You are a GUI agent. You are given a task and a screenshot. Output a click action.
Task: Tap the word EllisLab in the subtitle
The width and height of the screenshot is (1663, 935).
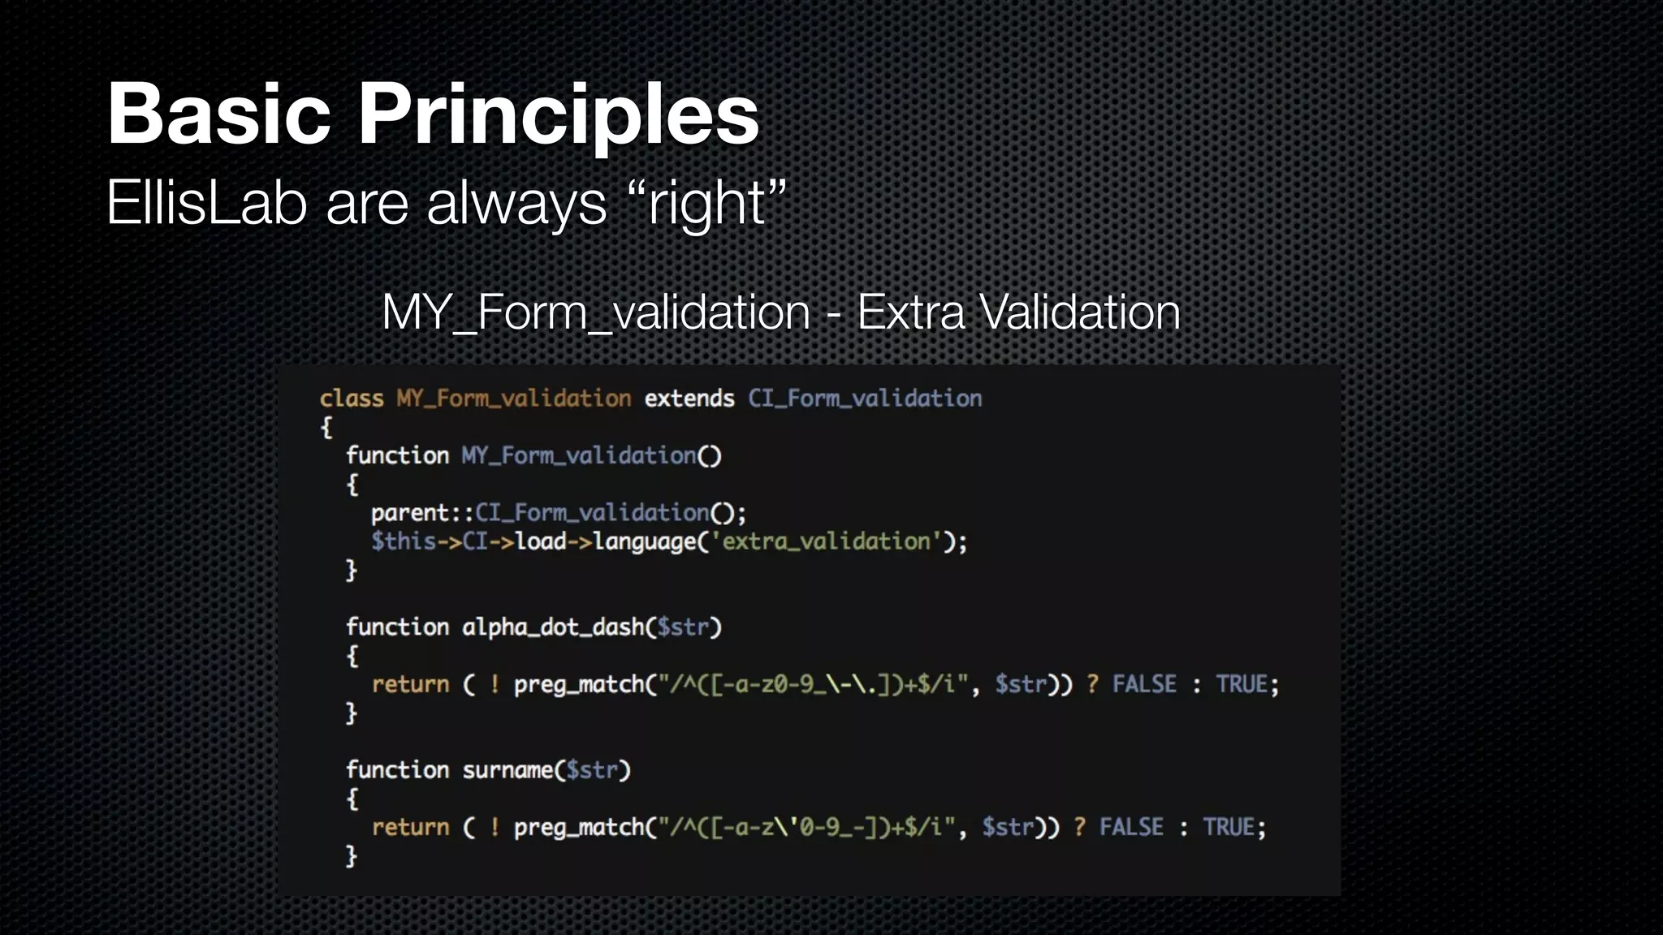coord(206,203)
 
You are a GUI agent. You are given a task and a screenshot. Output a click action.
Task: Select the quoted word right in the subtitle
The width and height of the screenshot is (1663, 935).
coord(706,203)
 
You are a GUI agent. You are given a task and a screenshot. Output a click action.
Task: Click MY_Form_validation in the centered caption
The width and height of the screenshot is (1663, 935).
coord(595,312)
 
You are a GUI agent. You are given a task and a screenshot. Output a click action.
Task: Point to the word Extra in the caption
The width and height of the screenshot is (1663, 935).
coord(910,312)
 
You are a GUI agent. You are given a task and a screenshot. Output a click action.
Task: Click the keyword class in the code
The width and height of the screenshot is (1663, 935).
coord(351,399)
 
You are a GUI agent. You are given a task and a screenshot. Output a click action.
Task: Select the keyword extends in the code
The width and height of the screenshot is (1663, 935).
coord(689,399)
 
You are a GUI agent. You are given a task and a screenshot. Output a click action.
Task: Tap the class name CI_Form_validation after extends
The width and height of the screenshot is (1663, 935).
coord(864,399)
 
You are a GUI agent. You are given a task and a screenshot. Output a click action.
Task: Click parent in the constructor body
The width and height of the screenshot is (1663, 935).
coord(410,513)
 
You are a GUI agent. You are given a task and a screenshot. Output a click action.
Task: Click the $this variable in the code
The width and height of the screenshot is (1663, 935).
coord(404,541)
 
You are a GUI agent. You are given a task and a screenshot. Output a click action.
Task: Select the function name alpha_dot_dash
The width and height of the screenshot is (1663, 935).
coord(552,627)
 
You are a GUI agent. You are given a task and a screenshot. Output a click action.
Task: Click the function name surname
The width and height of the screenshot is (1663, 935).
coord(508,770)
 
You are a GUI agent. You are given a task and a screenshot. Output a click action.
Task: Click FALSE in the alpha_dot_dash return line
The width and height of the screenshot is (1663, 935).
coord(1143,684)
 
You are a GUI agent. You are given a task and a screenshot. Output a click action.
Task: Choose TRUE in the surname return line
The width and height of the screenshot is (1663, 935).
coord(1229,827)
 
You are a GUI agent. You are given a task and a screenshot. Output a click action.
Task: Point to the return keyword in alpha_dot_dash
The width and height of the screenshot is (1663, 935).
coord(410,684)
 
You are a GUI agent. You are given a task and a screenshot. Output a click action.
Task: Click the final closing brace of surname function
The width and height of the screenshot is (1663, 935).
coord(351,856)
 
